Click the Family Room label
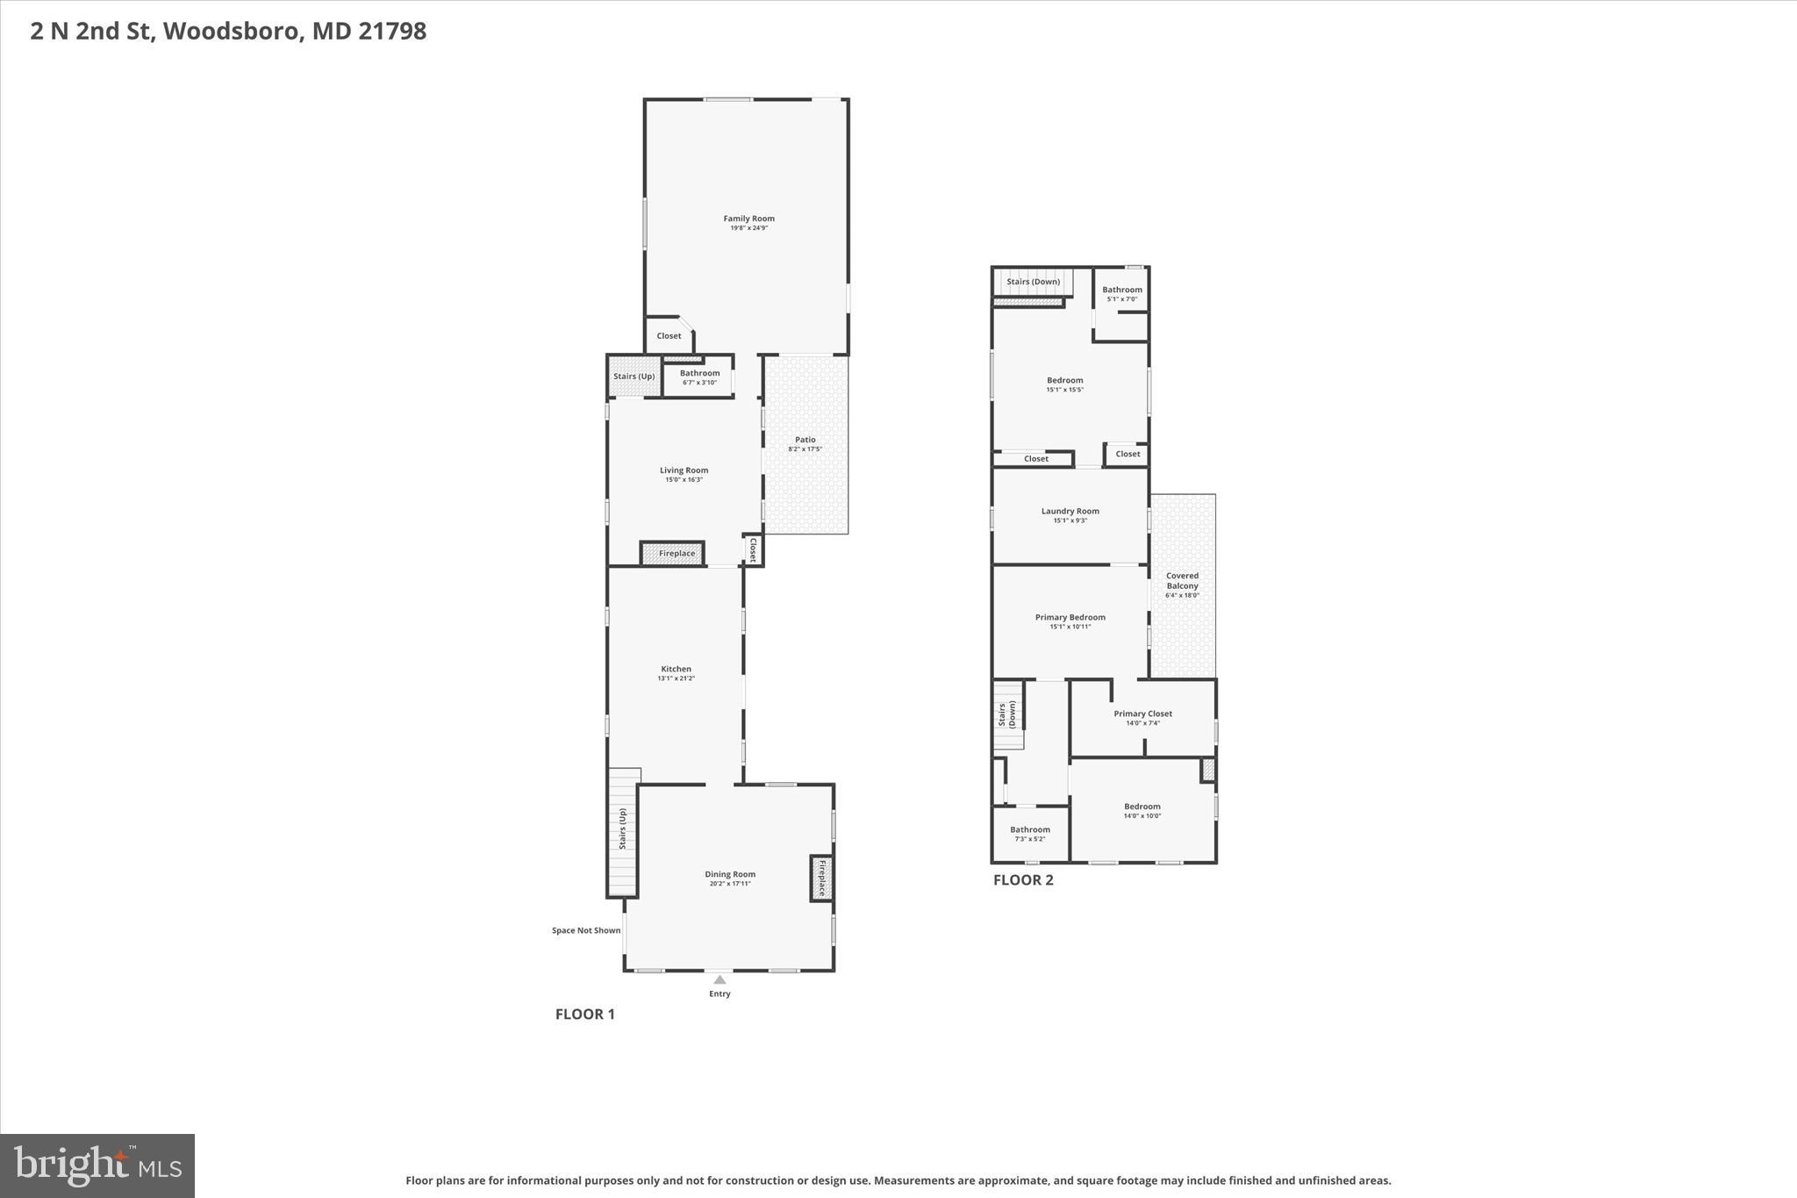(748, 219)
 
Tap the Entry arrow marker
(720, 979)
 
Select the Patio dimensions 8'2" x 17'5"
(805, 449)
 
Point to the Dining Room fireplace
(822, 878)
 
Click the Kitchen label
(676, 669)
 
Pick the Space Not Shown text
(585, 930)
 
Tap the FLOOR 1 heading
(584, 1015)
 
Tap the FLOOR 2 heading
(1022, 880)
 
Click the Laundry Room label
(1070, 511)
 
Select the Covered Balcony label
(1182, 581)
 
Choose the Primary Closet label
(1142, 714)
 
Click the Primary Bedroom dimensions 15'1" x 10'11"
(1070, 627)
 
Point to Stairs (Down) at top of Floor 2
(1033, 282)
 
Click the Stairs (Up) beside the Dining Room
(622, 829)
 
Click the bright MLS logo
(97, 1166)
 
